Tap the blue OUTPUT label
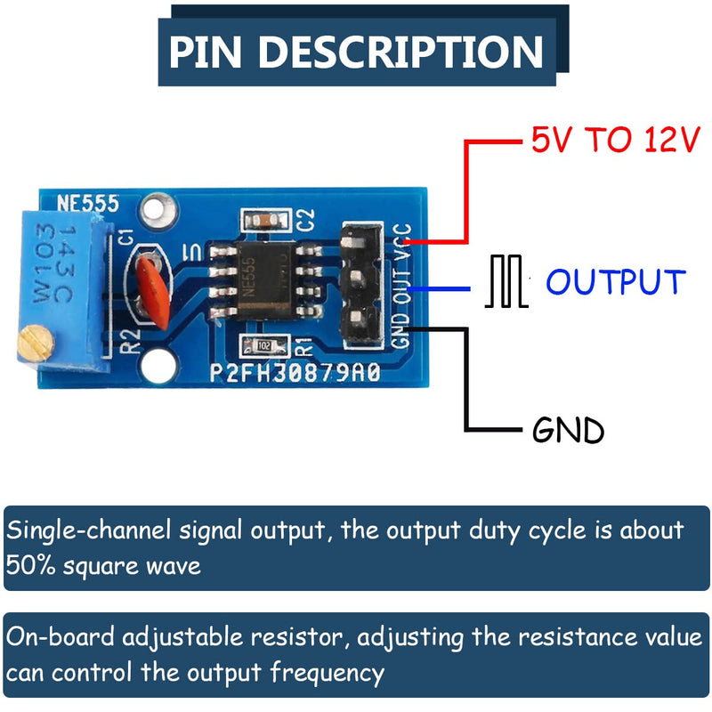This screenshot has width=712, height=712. click(x=616, y=282)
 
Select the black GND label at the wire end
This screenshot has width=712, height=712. click(x=568, y=431)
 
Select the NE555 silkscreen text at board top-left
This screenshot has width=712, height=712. click(x=88, y=203)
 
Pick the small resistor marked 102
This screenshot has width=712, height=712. click(x=264, y=344)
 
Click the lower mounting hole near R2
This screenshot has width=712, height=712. click(x=160, y=363)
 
